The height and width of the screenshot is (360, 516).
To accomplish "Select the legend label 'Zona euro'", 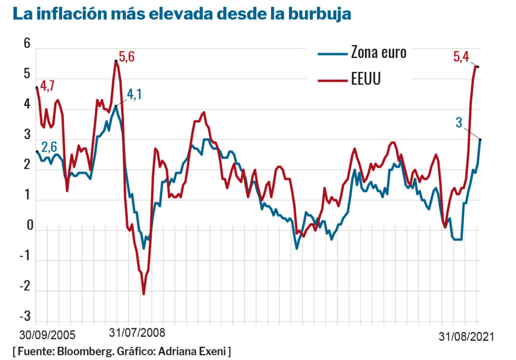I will point(378,53).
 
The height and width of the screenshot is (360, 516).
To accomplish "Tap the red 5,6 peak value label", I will point(127,57).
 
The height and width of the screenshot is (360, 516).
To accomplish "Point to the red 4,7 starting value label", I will point(47,86).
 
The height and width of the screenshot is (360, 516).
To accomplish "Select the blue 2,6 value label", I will point(49,147).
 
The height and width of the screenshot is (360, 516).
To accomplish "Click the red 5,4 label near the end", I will point(461,57).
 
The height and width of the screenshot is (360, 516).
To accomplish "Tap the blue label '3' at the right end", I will point(459,122).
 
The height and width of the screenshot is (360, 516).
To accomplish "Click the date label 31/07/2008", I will point(137,333).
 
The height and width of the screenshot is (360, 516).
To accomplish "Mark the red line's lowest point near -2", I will point(144,294).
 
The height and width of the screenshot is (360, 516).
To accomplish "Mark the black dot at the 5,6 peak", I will point(116,61).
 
